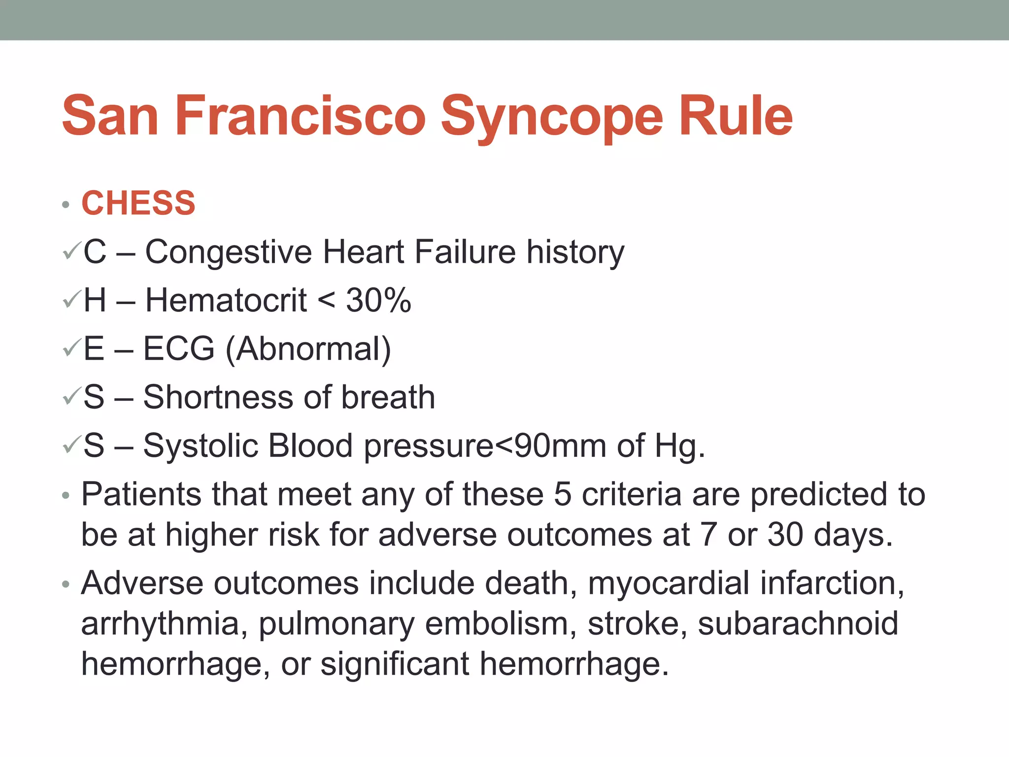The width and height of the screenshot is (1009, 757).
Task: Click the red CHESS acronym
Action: coord(138,203)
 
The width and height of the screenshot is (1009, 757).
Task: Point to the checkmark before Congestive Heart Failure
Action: coord(71,252)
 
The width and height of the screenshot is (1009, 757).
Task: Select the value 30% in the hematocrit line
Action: coord(378,300)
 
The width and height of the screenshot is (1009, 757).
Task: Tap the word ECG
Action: coord(179,348)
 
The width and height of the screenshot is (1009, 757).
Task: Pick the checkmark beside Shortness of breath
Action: coord(71,397)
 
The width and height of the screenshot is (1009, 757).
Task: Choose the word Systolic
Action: coord(200,446)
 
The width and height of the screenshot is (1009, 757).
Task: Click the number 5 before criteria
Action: coord(562,494)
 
